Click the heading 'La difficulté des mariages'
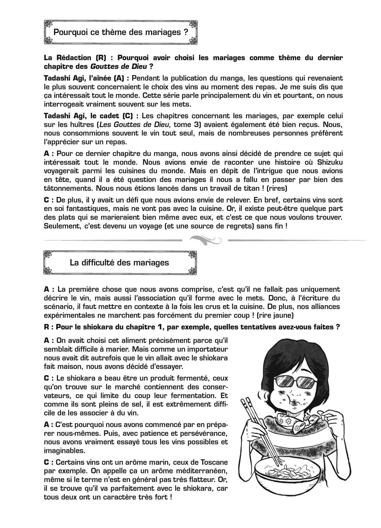click(x=119, y=263)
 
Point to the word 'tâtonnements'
click(x=65, y=188)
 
